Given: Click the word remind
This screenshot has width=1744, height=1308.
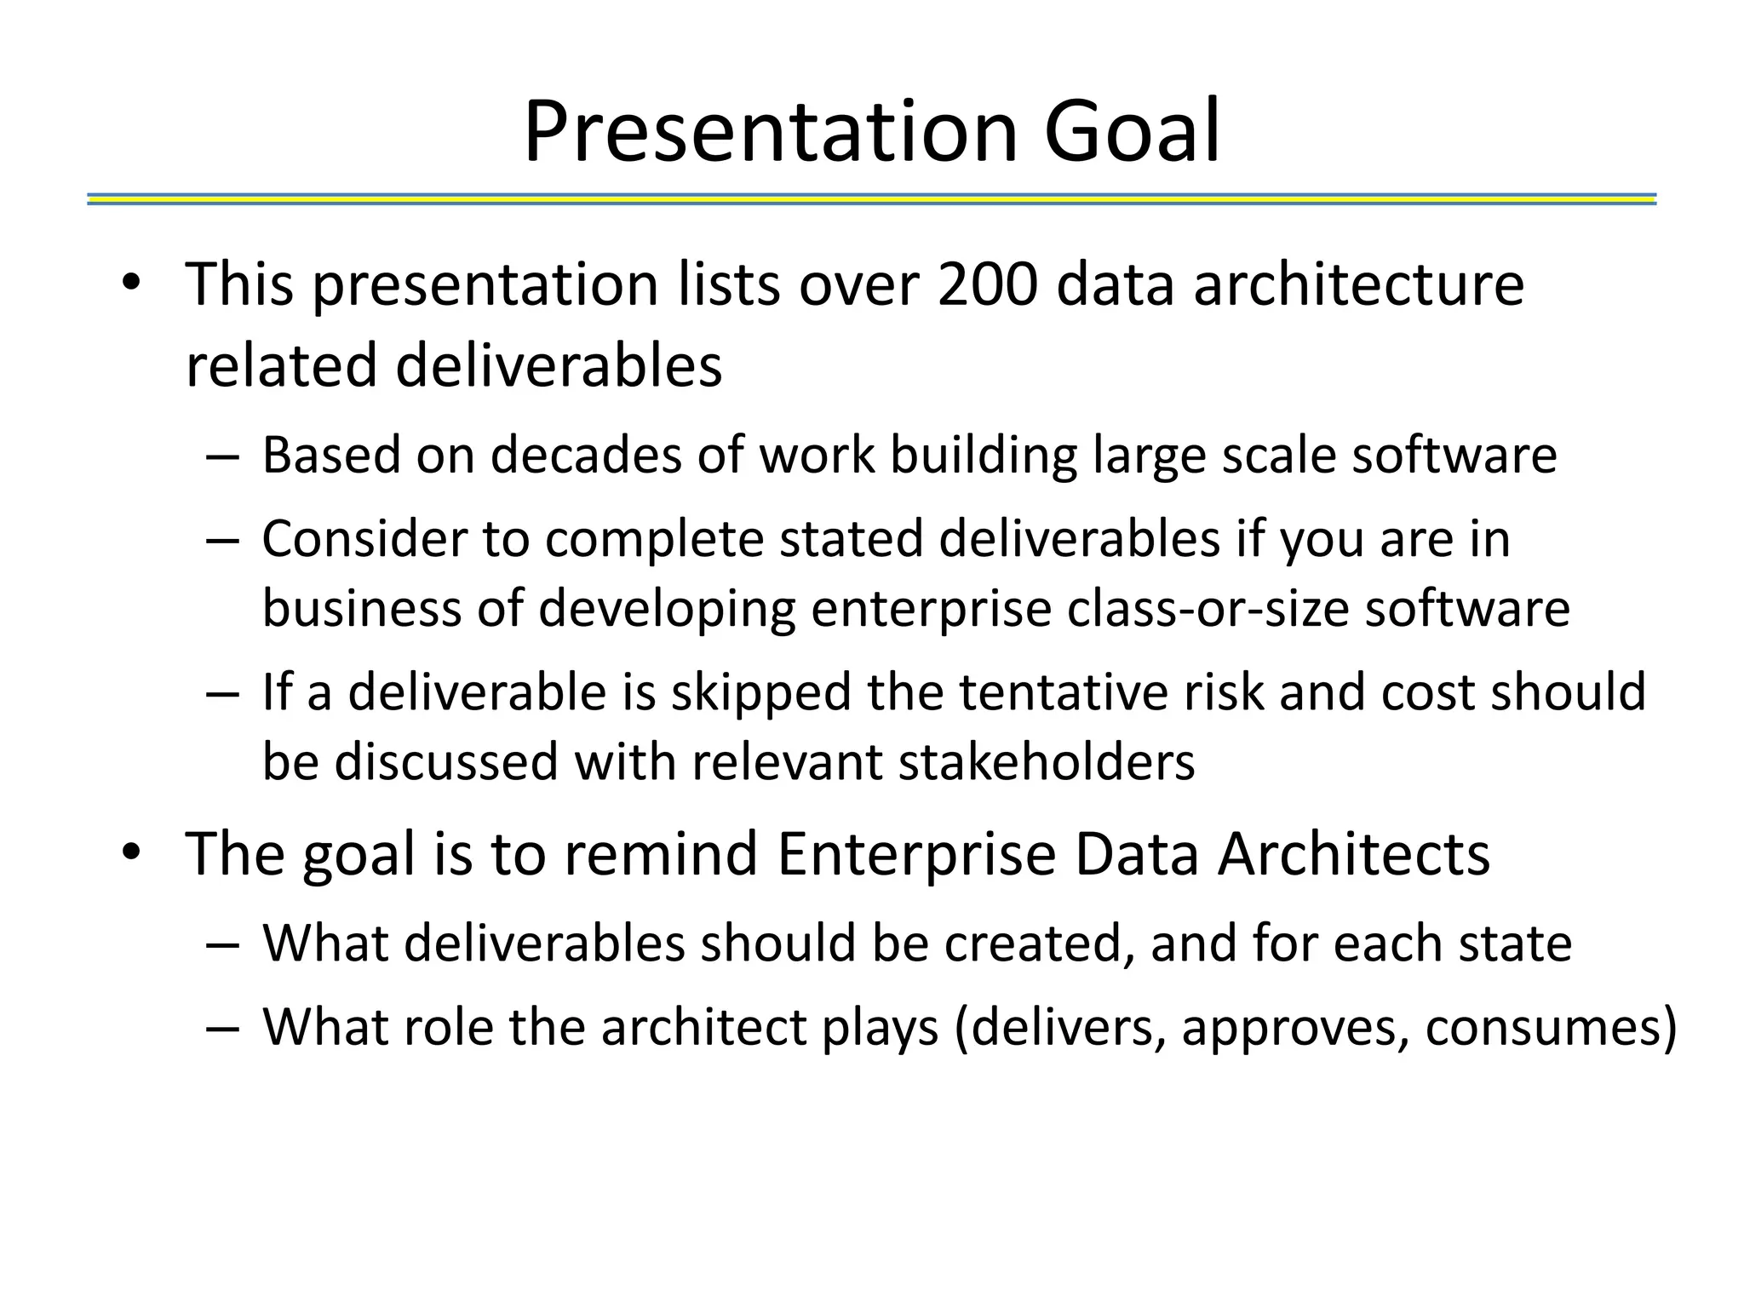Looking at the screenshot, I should (x=661, y=853).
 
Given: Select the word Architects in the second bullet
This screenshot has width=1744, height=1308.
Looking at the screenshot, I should (x=1353, y=853).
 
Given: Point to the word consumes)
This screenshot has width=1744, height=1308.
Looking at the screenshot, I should (x=1550, y=1027).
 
